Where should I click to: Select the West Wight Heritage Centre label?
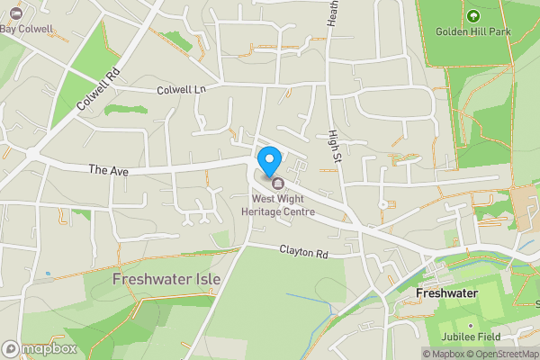283,204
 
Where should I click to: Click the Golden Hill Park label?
473,31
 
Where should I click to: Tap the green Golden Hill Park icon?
473,14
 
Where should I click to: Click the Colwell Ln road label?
181,89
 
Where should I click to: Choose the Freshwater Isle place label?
166,279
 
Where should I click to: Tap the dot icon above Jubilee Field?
470,324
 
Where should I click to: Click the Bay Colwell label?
30,29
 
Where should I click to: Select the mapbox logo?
40,348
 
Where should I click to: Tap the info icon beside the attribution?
428,354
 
